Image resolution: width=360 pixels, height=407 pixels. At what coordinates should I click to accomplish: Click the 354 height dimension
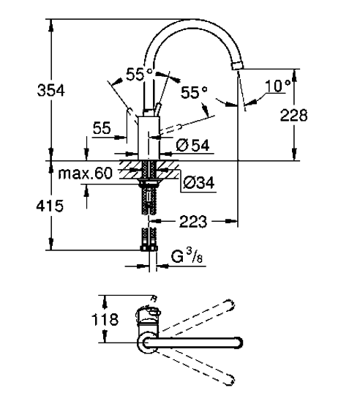pyautogui.click(x=50, y=90)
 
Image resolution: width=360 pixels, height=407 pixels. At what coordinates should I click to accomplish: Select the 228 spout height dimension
pyautogui.click(x=294, y=115)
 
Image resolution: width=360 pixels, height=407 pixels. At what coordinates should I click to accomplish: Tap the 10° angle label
pyautogui.click(x=278, y=86)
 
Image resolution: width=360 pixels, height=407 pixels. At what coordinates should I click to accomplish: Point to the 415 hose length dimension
pyautogui.click(x=50, y=206)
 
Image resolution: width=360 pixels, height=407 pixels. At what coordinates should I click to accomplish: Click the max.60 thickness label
pyautogui.click(x=86, y=173)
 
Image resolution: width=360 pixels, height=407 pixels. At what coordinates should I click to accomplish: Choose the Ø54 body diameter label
pyautogui.click(x=192, y=145)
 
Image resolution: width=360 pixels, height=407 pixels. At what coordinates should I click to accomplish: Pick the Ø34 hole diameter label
pyautogui.click(x=199, y=182)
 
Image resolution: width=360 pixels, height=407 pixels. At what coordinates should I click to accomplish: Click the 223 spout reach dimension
pyautogui.click(x=193, y=221)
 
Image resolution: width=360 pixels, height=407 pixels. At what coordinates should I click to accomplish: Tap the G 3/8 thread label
pyautogui.click(x=187, y=255)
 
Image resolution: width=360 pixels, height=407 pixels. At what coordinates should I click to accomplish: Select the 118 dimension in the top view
pyautogui.click(x=105, y=319)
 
